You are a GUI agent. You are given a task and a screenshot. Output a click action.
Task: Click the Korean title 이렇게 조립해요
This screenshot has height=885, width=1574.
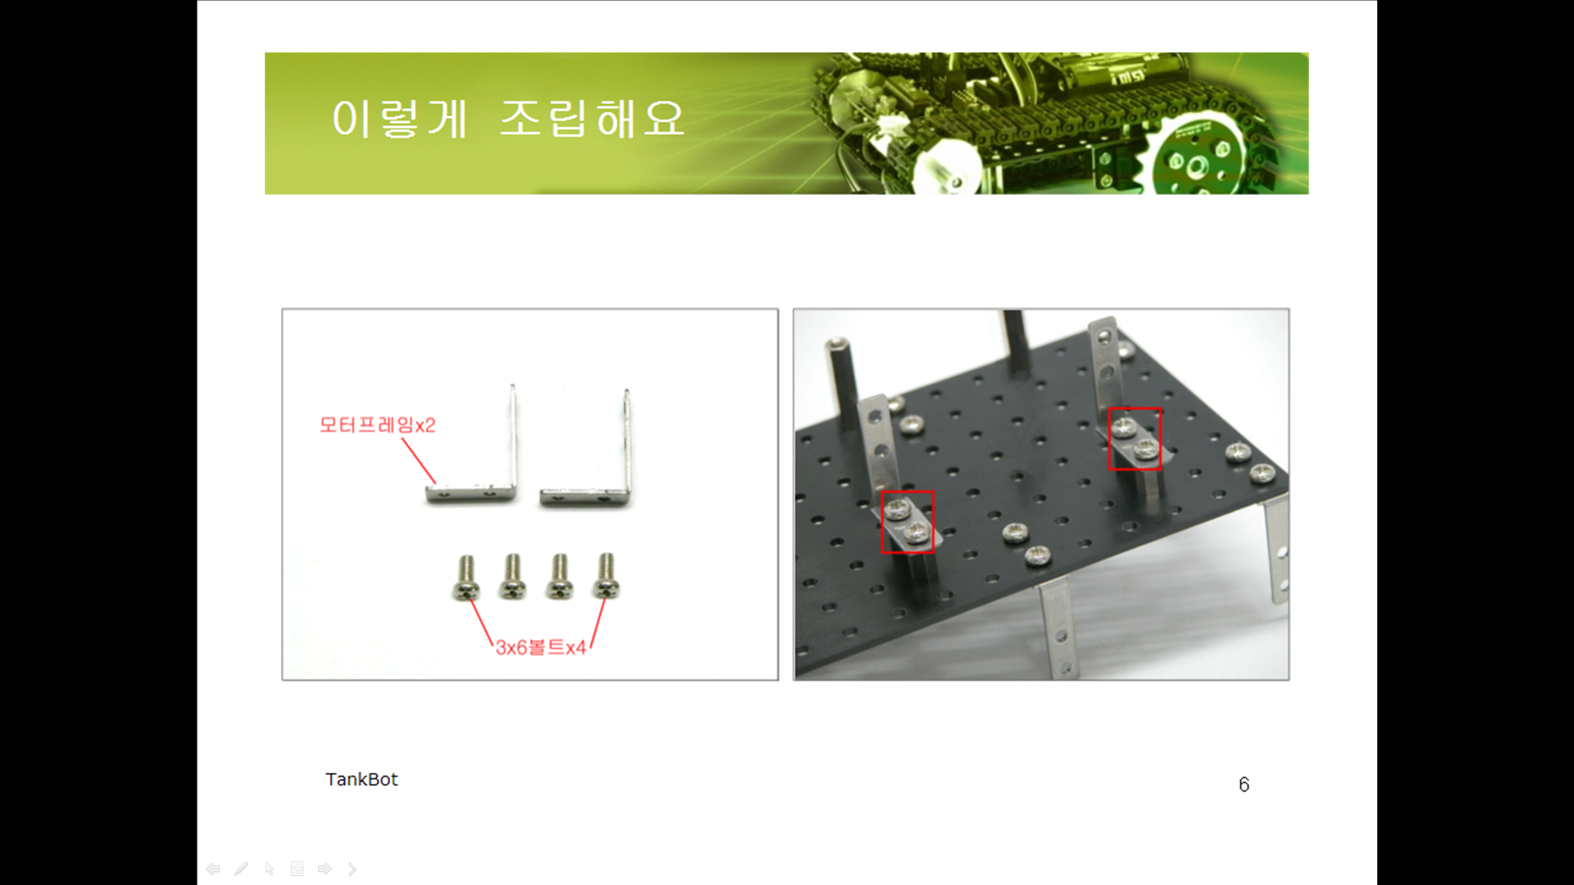507,119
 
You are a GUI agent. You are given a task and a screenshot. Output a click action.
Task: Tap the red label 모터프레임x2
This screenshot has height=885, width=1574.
377,424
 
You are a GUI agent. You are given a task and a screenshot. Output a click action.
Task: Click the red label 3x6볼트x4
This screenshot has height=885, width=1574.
540,647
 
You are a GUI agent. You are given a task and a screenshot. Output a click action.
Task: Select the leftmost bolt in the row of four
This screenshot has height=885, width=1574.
466,578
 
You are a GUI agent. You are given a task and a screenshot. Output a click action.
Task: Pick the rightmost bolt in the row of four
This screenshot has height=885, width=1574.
606,575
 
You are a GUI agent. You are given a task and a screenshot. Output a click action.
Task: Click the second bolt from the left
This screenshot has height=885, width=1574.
512,576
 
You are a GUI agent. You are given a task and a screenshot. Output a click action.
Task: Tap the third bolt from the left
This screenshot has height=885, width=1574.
559,576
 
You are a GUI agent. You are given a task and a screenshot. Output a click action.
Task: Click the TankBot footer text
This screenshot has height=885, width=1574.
362,779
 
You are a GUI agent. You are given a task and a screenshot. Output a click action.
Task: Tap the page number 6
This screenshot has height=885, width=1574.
1244,785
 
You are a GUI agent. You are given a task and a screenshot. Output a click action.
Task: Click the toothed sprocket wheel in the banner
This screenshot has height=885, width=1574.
1194,157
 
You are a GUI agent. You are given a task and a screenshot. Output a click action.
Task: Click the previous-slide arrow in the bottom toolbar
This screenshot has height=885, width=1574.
213,869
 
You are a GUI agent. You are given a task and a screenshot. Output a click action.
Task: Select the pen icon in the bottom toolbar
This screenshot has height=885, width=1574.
241,869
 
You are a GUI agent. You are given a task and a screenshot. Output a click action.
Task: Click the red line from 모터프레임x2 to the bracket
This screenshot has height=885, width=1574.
419,461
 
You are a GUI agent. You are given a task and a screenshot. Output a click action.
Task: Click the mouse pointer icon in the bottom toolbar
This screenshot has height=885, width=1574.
270,869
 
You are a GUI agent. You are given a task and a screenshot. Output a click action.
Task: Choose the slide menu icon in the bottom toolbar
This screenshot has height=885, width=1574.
298,869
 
